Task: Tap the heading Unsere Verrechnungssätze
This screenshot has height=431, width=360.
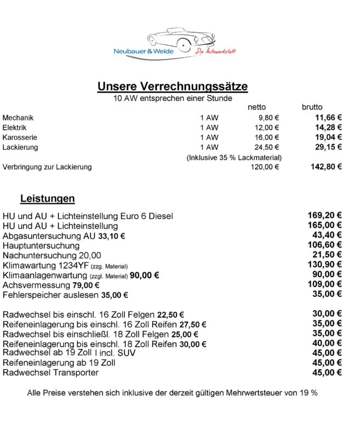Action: [x=172, y=87]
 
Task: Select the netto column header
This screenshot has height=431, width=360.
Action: [x=257, y=107]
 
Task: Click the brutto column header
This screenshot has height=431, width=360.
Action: [x=312, y=107]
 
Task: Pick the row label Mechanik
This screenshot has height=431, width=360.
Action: [x=18, y=117]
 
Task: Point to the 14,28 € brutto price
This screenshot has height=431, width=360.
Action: [x=328, y=127]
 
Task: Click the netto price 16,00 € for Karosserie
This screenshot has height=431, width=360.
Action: [x=268, y=137]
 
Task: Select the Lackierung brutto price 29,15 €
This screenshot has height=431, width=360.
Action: [x=328, y=147]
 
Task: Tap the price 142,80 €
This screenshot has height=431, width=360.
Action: [x=326, y=166]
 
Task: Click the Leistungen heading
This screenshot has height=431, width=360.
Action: [x=48, y=198]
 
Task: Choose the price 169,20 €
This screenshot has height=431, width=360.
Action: [x=325, y=215]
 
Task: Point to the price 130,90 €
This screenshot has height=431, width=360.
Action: [x=325, y=265]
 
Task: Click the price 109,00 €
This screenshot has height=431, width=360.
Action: [x=325, y=284]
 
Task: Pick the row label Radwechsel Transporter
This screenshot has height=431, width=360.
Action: [x=51, y=373]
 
